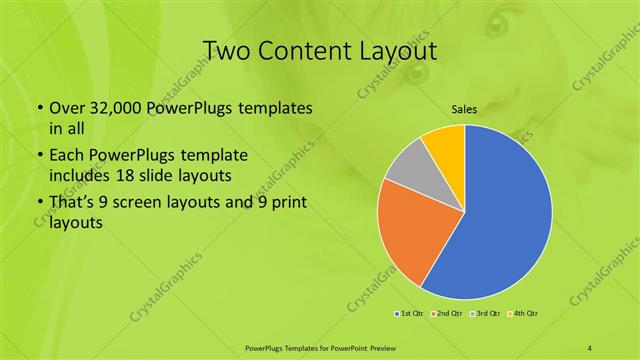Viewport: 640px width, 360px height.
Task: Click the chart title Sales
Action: pos(464,108)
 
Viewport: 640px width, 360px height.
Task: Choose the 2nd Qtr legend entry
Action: pos(446,315)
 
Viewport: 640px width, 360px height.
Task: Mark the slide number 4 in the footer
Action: pos(591,347)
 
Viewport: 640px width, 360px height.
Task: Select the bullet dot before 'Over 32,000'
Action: pos(39,108)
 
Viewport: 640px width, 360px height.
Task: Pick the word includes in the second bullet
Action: pos(81,177)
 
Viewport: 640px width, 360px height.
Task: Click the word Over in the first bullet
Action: pos(66,107)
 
